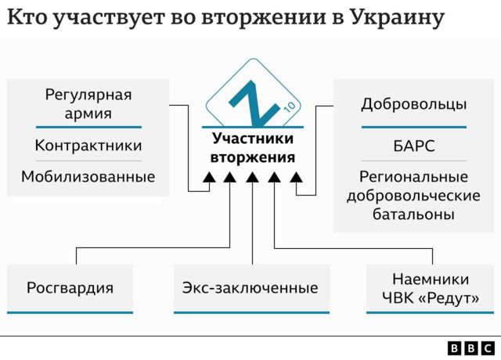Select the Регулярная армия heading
click(88, 104)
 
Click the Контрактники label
click(88, 146)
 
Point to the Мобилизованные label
click(88, 176)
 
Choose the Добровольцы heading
click(413, 104)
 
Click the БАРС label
click(413, 146)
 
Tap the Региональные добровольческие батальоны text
click(413, 196)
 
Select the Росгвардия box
click(70, 288)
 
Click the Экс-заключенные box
click(250, 288)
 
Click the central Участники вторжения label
click(252, 148)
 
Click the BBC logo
click(471, 348)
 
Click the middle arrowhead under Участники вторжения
click(252, 179)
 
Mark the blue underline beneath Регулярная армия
click(88, 127)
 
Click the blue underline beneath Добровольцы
click(413, 127)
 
